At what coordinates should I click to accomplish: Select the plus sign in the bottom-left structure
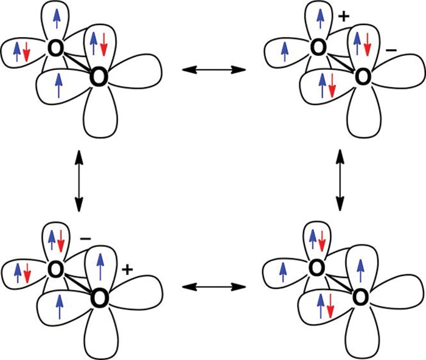128,268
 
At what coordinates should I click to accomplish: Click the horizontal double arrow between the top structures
214,71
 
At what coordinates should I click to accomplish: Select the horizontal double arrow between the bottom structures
214,285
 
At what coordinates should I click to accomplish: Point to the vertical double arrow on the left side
78,178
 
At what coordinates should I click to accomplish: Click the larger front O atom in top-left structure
97,77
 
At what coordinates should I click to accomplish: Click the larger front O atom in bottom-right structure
361,297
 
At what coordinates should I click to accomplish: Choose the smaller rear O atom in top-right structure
318,47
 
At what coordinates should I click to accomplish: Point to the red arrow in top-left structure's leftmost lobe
26,50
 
